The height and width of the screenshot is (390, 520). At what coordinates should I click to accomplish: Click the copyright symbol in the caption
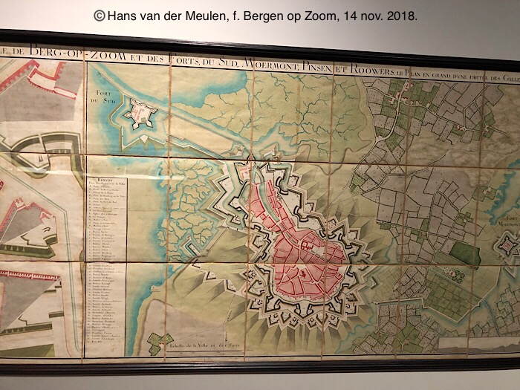(100, 15)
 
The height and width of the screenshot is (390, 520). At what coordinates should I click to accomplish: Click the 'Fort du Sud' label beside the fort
(109, 95)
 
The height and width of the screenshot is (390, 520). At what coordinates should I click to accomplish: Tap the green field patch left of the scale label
(157, 342)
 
